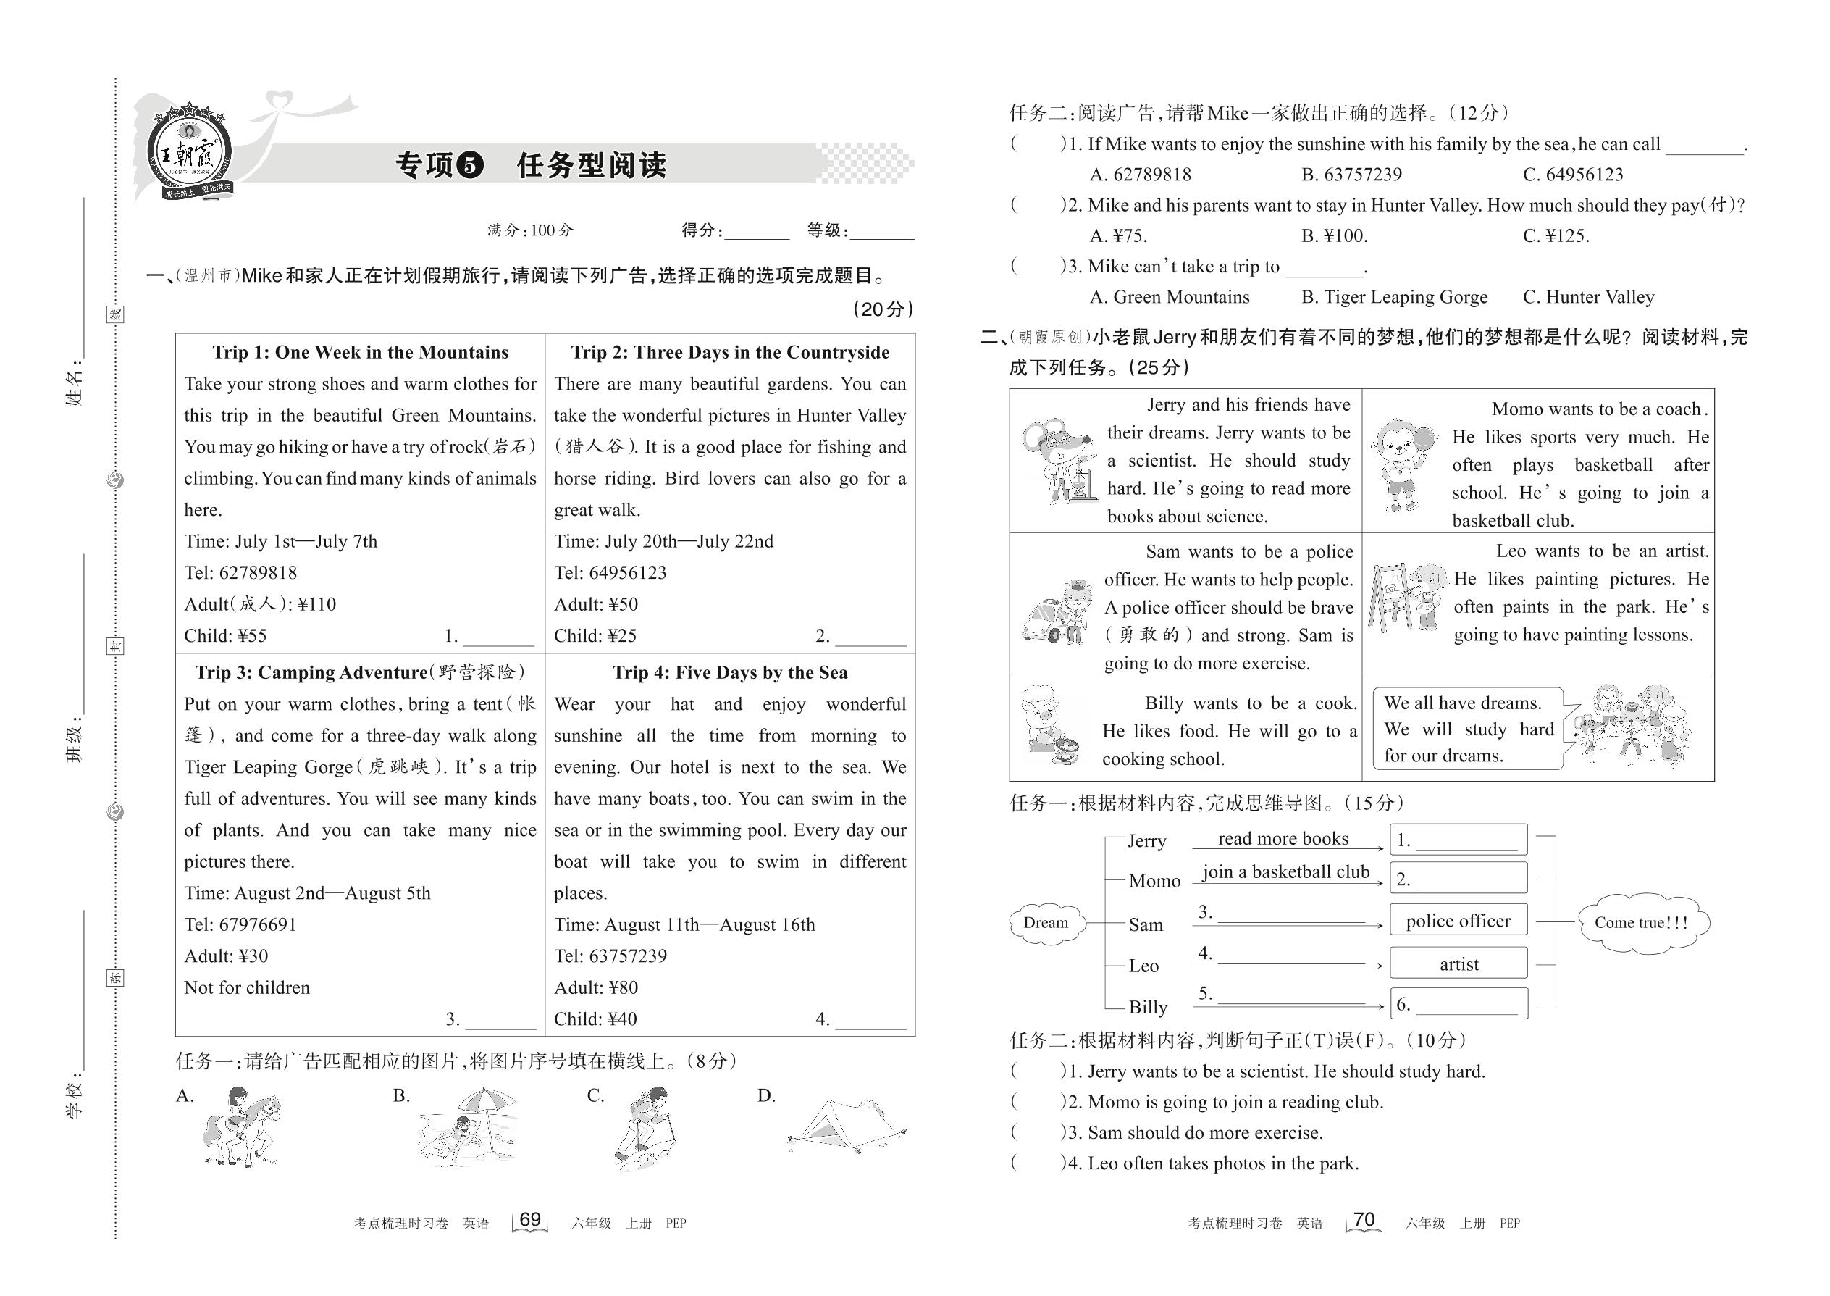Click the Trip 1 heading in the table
360,353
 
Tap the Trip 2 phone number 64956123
627,573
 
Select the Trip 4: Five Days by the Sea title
730,673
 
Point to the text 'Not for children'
246,988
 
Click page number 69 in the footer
529,1220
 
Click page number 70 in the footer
1364,1220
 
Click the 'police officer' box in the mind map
1458,921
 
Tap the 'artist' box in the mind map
1458,964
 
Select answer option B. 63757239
1351,175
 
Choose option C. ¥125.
1556,236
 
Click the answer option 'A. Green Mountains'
1170,298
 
